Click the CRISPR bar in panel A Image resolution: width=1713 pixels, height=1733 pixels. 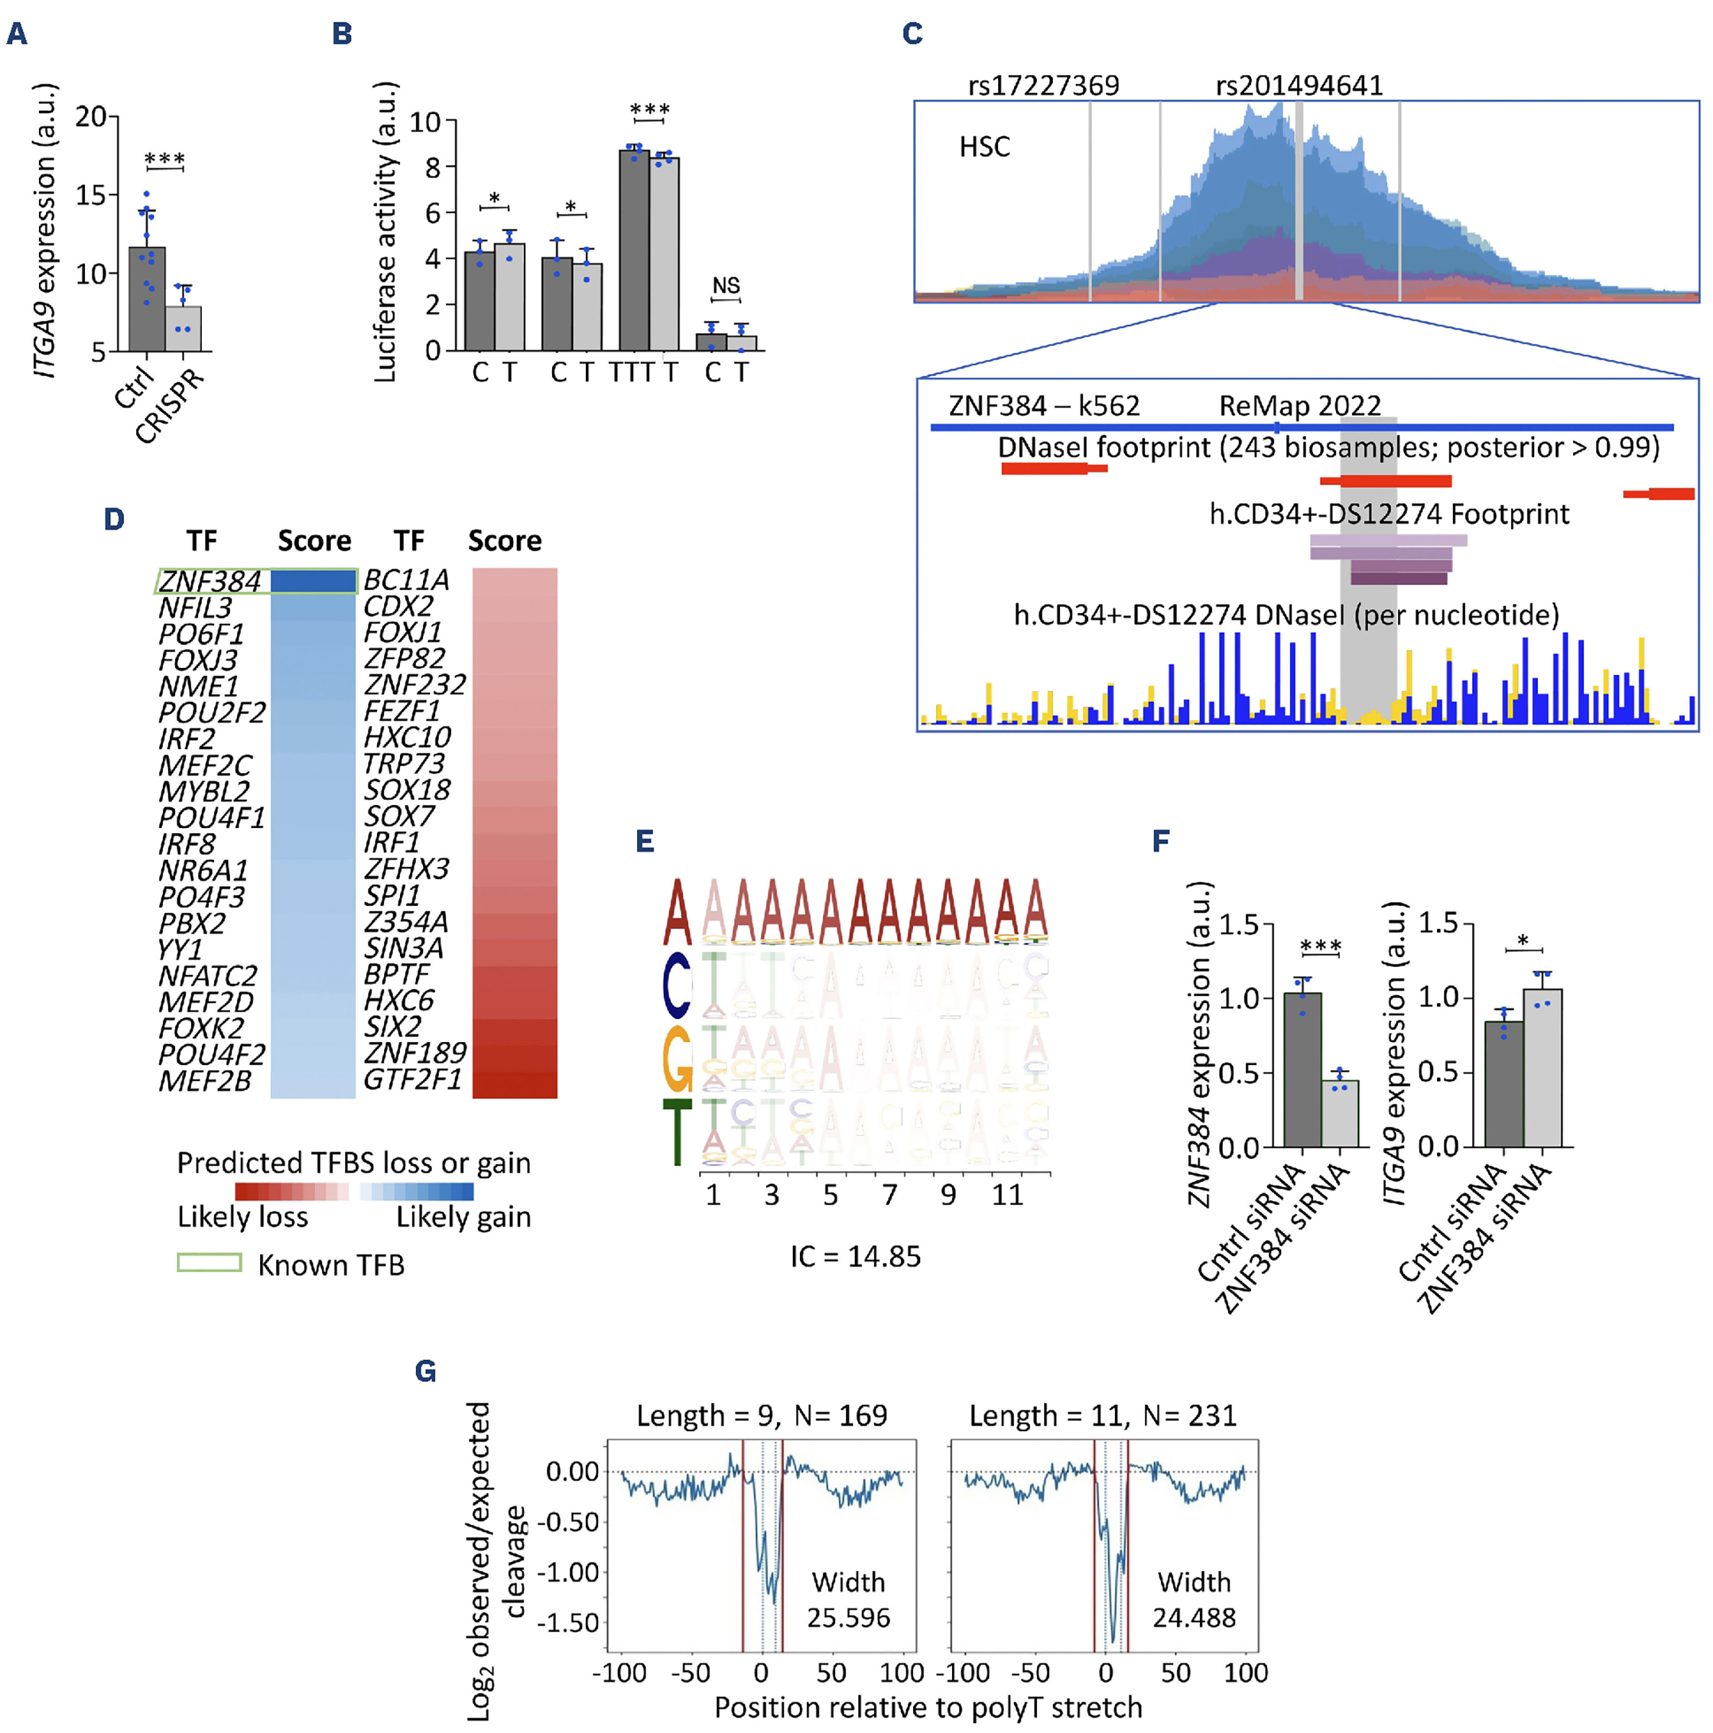[x=183, y=329]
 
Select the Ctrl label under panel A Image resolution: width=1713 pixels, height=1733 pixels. [x=135, y=388]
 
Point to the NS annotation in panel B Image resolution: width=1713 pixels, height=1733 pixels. [x=726, y=286]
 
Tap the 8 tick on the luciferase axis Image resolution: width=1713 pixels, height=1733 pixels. [x=433, y=168]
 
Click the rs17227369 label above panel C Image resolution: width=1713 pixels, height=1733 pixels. [x=1043, y=85]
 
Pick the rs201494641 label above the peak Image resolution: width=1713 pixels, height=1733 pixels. [x=1299, y=85]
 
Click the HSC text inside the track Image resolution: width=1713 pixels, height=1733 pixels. [x=984, y=146]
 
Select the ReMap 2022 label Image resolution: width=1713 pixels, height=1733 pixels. [x=1299, y=406]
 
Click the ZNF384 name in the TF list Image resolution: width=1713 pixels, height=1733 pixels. [x=209, y=582]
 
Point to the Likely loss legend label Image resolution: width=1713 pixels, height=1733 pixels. [x=242, y=1217]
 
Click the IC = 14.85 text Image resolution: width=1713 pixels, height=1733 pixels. [x=855, y=1257]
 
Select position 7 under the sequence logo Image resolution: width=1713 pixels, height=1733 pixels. [x=889, y=1195]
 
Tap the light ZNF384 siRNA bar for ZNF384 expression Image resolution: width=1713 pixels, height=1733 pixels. [x=1339, y=1113]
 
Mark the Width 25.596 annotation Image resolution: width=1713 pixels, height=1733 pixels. [x=847, y=1600]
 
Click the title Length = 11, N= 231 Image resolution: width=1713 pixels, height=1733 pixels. [x=1102, y=1415]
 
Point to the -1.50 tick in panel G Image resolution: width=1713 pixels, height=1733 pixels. [x=571, y=1623]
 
